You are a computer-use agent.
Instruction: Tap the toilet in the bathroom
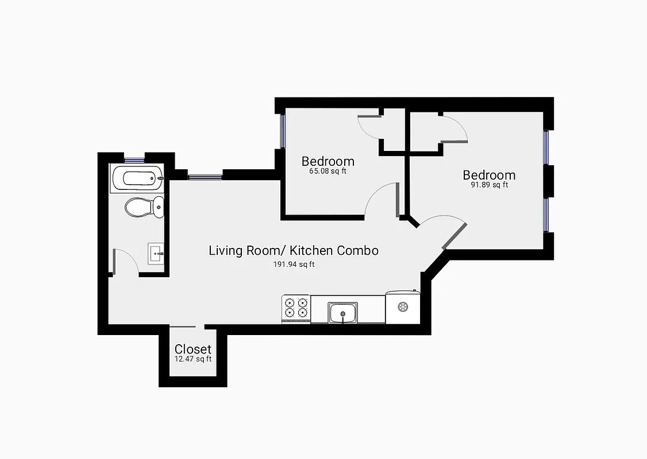[144, 207]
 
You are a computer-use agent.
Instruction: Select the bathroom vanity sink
[156, 253]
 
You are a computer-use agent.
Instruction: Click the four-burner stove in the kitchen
[295, 308]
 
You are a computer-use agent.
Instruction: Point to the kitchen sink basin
[343, 313]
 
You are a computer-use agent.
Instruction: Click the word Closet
[193, 349]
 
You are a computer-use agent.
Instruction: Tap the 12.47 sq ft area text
[193, 359]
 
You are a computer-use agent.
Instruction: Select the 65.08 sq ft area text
[328, 171]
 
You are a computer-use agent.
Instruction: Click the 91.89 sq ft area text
[489, 185]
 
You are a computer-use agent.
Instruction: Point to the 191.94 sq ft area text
[293, 264]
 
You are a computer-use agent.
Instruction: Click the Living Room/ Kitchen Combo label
[293, 251]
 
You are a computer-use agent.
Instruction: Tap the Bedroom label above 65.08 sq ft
[328, 161]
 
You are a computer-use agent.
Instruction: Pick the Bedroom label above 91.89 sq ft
[489, 175]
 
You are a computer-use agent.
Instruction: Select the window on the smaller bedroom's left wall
[282, 131]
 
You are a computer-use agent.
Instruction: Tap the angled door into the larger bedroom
[453, 236]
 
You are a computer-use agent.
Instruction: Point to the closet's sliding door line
[183, 326]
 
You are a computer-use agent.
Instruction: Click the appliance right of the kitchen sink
[403, 307]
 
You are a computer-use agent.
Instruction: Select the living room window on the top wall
[205, 177]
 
